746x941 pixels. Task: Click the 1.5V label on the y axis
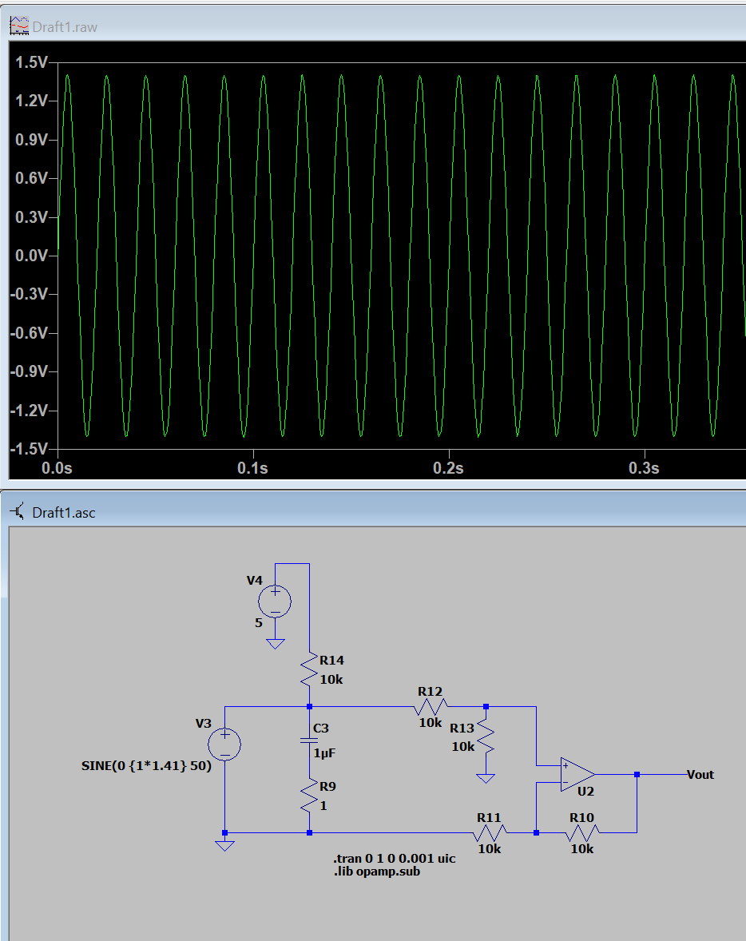coord(31,62)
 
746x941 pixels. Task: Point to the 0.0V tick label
coord(31,256)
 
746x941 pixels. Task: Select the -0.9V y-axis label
coord(29,371)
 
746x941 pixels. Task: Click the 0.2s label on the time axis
coord(448,468)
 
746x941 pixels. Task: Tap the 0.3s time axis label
coord(644,468)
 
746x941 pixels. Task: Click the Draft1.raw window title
coord(65,27)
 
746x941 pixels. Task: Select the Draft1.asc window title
coord(64,513)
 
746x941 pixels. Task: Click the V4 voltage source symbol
coord(275,602)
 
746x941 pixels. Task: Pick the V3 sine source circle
coord(224,744)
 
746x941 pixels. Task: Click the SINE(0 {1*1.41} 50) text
coord(146,766)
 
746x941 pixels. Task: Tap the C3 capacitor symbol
coord(309,740)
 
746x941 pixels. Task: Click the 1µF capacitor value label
coord(325,752)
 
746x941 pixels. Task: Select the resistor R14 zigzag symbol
coord(309,669)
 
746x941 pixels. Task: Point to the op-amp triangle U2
coord(577,774)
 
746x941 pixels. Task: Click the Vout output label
coord(700,774)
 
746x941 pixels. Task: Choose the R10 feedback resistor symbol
coord(581,832)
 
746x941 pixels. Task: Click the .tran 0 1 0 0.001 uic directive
coord(395,859)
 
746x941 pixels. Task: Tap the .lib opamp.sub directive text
coord(377,872)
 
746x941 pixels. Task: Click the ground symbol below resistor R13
coord(486,778)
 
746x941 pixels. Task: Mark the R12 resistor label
coord(430,691)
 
